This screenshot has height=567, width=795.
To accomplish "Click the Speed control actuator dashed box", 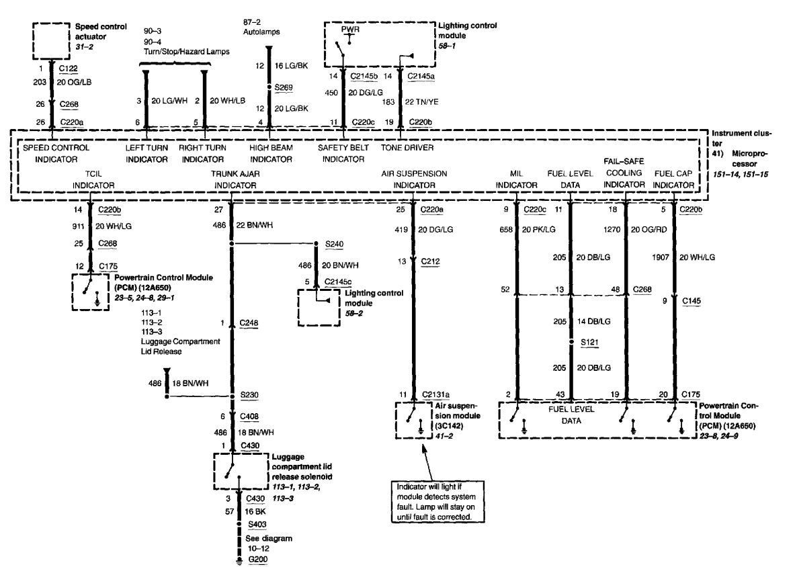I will tap(50, 41).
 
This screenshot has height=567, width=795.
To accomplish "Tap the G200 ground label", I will tap(257, 559).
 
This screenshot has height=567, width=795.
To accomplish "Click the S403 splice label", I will tap(257, 523).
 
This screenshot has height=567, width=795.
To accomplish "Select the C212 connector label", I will tap(431, 261).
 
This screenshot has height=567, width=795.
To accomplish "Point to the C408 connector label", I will tap(250, 417).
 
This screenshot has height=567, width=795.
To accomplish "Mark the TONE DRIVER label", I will tap(407, 147).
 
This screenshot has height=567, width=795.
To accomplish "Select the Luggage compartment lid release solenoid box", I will tap(241, 470).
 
